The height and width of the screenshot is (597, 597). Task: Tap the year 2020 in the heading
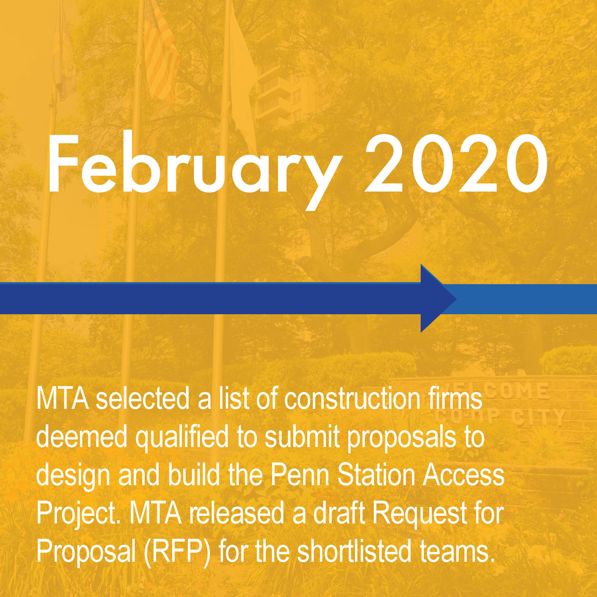(456, 164)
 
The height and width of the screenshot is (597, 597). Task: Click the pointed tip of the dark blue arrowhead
(457, 298)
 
